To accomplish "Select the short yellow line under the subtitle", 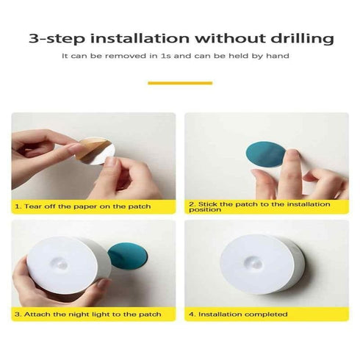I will pyautogui.click(x=180, y=83).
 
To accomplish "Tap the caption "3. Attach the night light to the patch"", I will pyautogui.click(x=89, y=314).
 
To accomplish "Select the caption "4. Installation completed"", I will pyautogui.click(x=237, y=314).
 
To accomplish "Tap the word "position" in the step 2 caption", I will pyautogui.click(x=204, y=209).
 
